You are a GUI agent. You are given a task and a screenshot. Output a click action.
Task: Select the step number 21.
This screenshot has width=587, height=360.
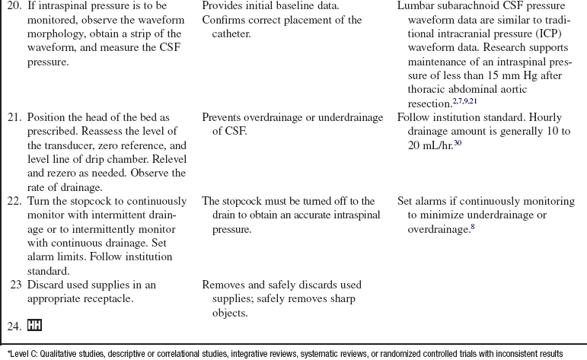[x=14, y=117]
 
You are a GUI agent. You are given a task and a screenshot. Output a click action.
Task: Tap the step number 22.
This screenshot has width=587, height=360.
[x=14, y=201]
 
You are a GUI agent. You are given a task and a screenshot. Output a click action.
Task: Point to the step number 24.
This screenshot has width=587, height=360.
[x=14, y=325]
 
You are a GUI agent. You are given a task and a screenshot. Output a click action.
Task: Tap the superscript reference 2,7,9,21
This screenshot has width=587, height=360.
[x=465, y=100]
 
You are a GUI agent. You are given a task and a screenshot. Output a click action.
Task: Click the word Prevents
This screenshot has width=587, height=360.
[x=225, y=117]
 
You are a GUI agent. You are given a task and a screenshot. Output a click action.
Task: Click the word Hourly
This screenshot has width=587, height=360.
[x=543, y=117]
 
